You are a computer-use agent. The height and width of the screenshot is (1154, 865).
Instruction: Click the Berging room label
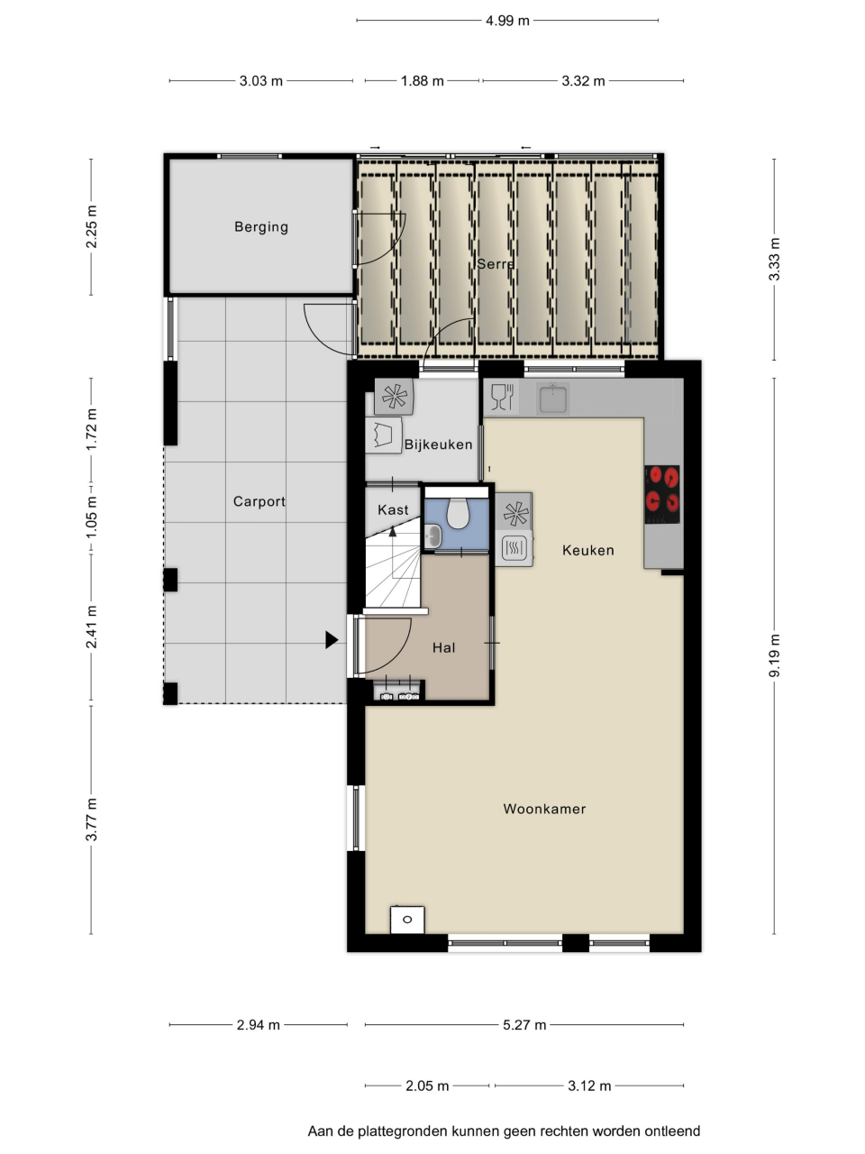(261, 227)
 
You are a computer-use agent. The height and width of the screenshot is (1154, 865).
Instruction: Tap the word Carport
(259, 501)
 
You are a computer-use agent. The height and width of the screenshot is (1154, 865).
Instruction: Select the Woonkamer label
(544, 809)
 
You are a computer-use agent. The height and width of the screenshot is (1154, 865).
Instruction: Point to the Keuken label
(588, 550)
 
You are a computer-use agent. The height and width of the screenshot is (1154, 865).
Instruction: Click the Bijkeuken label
(439, 444)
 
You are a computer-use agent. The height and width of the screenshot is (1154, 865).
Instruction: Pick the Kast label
(393, 509)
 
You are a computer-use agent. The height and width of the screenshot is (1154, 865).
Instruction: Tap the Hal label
(444, 647)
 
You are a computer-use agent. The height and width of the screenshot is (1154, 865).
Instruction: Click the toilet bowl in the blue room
(458, 514)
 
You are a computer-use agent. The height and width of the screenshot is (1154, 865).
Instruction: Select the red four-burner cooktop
(661, 494)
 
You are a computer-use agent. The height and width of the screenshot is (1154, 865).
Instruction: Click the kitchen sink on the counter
(552, 398)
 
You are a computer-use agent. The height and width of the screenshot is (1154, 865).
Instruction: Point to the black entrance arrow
(332, 640)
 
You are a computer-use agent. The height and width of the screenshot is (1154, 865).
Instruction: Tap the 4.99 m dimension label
(507, 21)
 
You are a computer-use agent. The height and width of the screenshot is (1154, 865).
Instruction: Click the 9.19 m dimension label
(774, 655)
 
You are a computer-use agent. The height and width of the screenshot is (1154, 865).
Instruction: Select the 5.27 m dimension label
(524, 1025)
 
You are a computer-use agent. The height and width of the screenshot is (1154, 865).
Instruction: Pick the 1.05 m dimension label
(91, 517)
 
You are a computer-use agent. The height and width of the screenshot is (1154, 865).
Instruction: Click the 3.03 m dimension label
(261, 81)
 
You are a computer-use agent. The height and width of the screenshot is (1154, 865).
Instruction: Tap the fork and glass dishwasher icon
(502, 397)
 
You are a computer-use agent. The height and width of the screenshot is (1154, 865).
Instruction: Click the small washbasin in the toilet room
(432, 536)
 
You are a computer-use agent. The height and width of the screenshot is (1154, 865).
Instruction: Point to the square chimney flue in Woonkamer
(407, 920)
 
